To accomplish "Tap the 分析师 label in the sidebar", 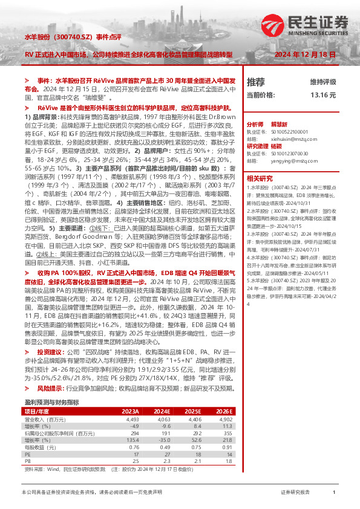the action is (255, 123).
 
